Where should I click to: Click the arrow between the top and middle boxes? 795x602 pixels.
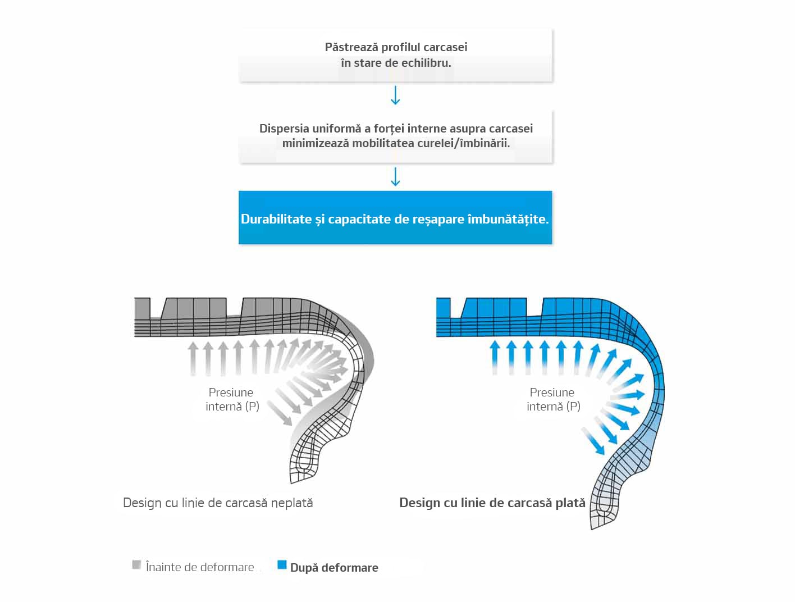pos(395,95)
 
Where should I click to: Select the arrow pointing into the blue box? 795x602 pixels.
pos(395,176)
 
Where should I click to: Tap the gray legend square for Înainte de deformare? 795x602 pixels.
pos(136,565)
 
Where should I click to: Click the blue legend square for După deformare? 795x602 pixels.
pos(282,565)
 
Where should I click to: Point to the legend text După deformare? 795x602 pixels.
pos(334,568)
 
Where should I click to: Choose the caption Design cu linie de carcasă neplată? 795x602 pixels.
pos(218,503)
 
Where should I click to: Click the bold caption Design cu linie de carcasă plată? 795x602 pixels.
pos(492,503)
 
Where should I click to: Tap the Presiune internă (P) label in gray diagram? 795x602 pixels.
pos(232,399)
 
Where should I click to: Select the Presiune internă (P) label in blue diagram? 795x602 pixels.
pos(553,399)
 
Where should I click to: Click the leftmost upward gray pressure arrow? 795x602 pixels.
pos(193,359)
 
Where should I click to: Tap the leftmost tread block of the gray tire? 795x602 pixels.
pos(143,308)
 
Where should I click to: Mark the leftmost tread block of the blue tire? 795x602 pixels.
pos(444,308)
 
